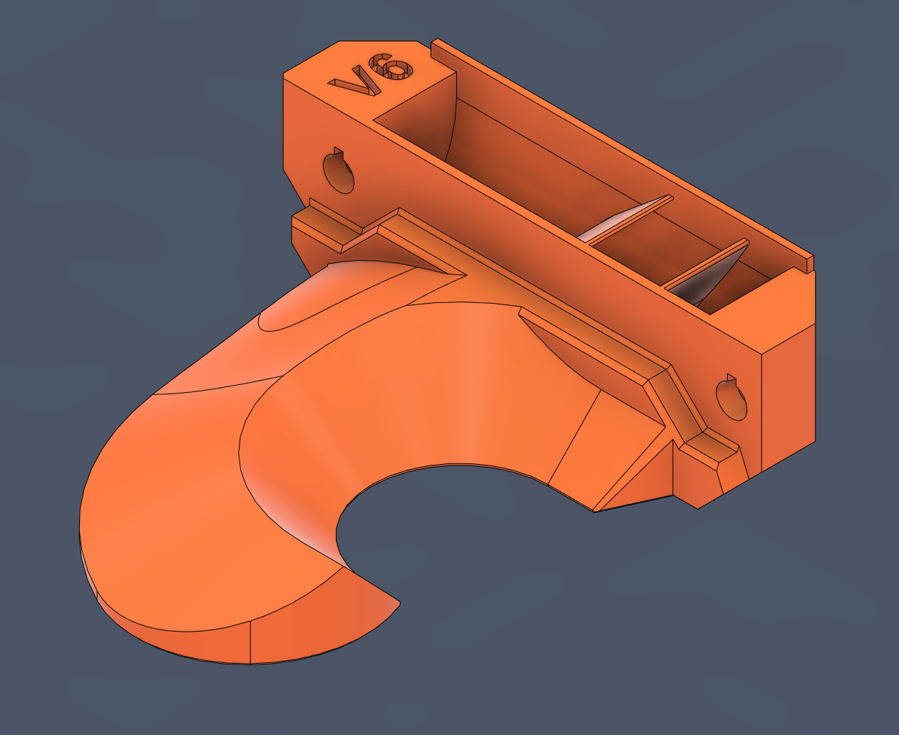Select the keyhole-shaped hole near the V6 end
338,172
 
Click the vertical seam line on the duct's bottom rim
251,642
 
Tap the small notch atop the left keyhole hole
339,153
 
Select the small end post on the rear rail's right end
810,263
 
